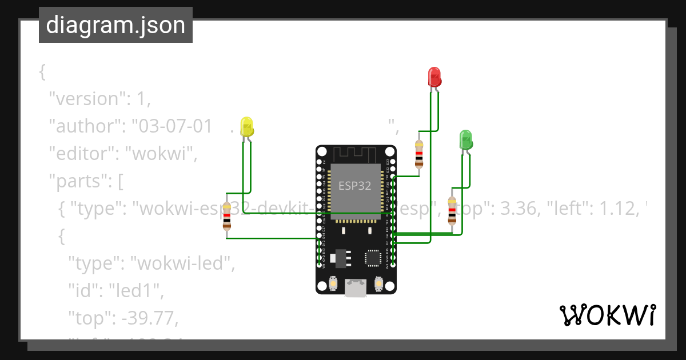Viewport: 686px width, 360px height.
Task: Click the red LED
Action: (x=434, y=77)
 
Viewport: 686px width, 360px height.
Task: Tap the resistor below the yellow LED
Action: (x=227, y=216)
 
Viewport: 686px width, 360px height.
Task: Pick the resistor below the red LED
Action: (x=419, y=153)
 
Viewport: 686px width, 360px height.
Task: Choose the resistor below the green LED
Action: (x=452, y=210)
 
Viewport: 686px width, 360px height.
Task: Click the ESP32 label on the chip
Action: (x=354, y=186)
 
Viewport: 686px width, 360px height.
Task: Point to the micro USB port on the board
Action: (x=356, y=288)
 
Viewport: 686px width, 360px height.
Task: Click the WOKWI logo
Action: (x=607, y=315)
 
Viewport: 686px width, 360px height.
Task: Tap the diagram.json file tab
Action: (x=115, y=25)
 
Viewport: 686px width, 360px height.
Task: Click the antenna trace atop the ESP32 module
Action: (x=355, y=153)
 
